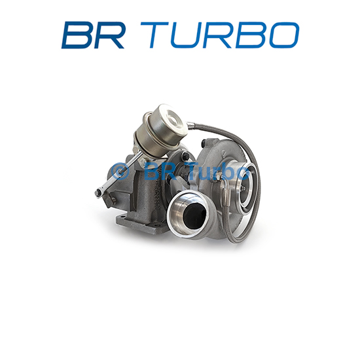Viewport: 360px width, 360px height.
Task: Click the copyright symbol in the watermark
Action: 120,171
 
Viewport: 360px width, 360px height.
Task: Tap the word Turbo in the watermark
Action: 217,171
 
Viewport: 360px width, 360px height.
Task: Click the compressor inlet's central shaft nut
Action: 244,189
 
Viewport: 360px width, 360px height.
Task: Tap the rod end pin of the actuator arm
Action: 99,192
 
